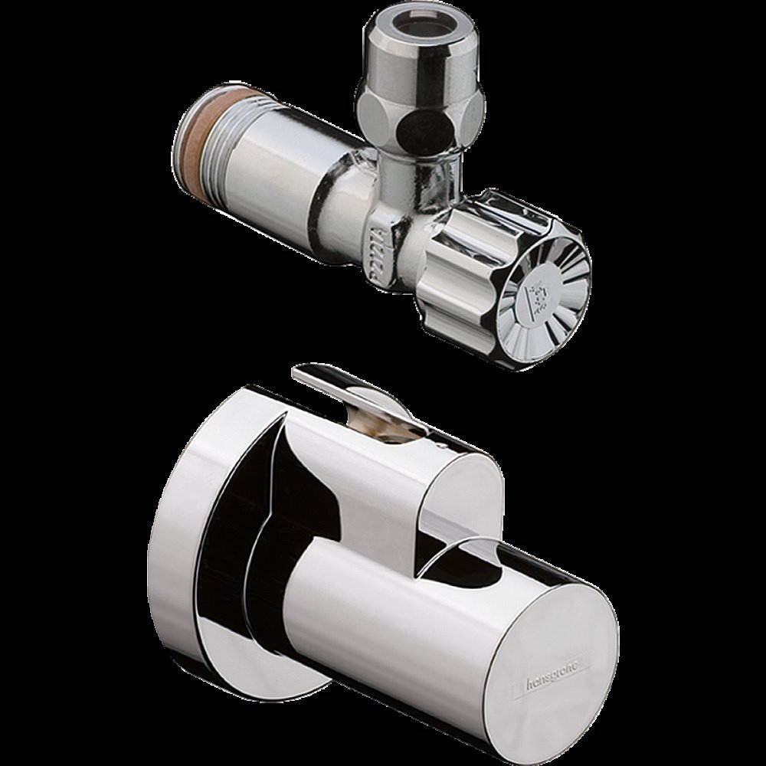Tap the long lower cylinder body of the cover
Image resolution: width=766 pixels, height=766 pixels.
[383, 613]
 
